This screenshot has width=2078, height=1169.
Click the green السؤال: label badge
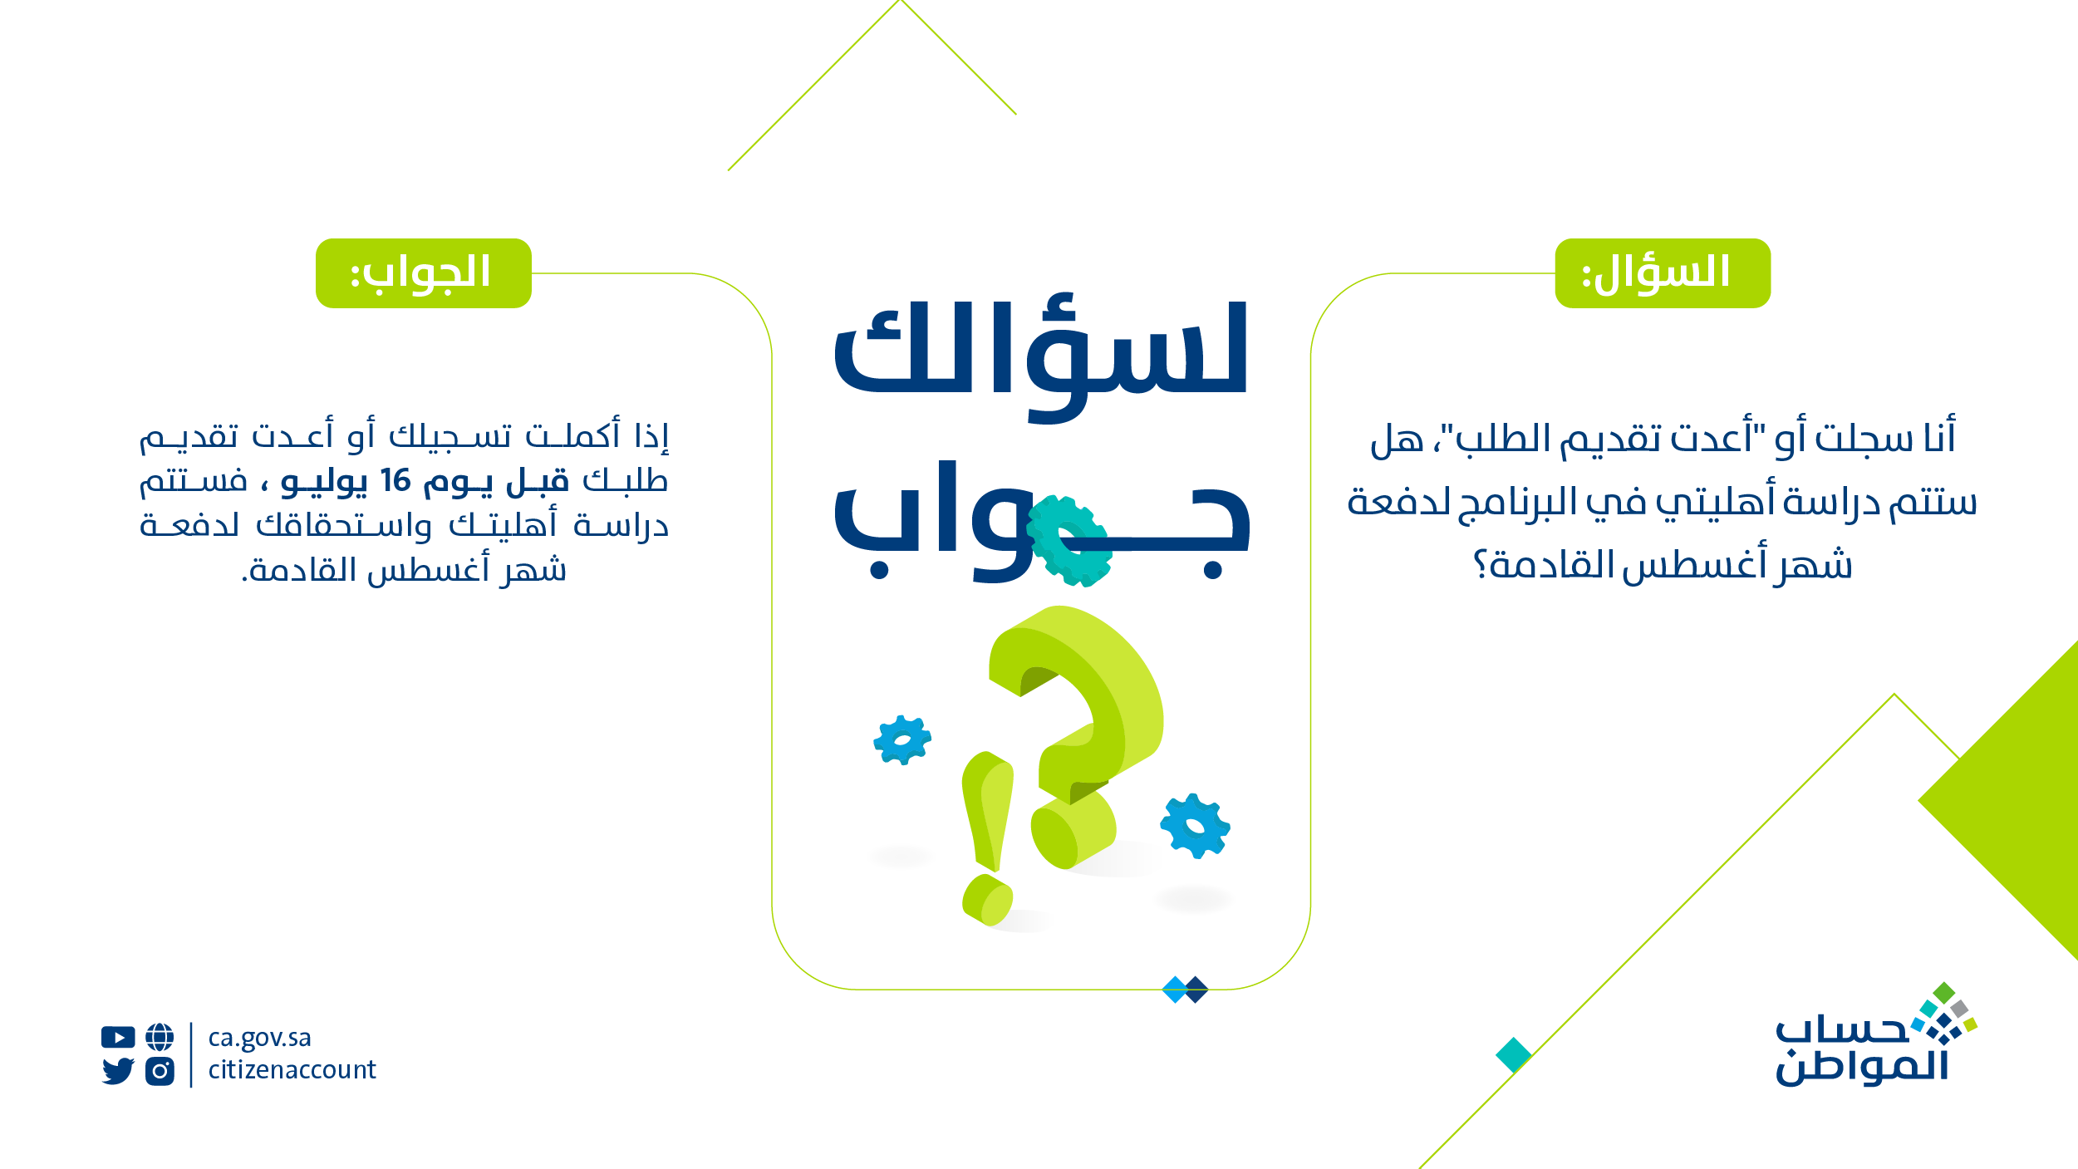click(1663, 273)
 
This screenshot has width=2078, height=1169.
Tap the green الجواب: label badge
click(424, 273)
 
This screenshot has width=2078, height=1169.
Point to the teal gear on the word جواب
click(1068, 541)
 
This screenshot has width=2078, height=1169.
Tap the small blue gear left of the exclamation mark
click(902, 739)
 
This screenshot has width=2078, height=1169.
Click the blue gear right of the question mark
click(1195, 826)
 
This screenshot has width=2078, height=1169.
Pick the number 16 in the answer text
click(395, 480)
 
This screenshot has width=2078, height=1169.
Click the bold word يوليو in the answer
click(324, 483)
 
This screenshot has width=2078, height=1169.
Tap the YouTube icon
click(118, 1037)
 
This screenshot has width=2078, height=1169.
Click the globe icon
click(160, 1037)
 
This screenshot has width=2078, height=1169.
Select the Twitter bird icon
click(118, 1071)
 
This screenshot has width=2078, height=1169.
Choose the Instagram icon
click(160, 1071)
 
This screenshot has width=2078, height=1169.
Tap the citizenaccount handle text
click(292, 1069)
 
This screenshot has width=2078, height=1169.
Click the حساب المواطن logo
click(1875, 1035)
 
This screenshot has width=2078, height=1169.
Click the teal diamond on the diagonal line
click(1514, 1055)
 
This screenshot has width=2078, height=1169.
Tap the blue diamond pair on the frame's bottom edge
click(1185, 990)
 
